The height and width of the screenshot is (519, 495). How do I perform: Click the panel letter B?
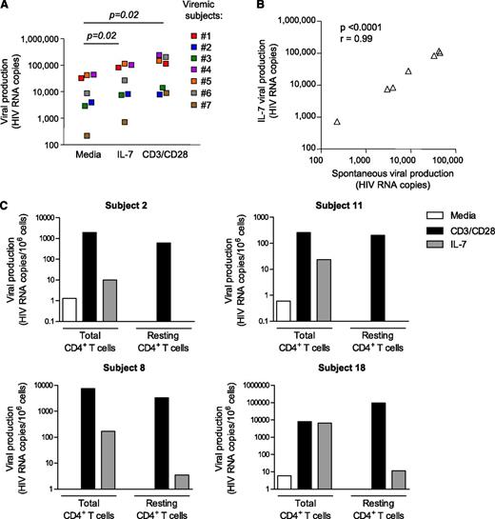click(264, 7)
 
